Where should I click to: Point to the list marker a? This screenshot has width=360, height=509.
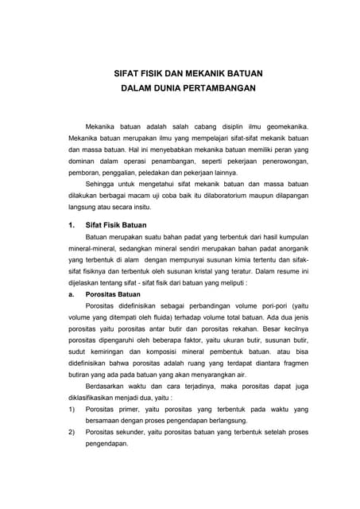(x=72, y=293)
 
